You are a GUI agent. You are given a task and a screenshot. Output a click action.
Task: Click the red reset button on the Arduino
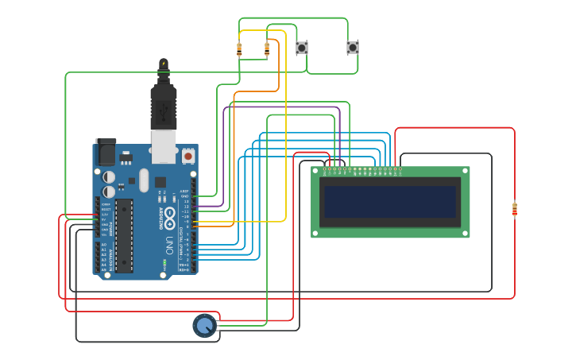[187, 157]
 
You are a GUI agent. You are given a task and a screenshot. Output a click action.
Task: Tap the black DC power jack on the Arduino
[105, 152]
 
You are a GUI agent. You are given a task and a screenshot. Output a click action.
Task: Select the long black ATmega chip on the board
[124, 235]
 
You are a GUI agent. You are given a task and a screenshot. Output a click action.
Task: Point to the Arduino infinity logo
[170, 215]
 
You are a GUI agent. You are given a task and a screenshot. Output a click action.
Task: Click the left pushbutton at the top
[302, 48]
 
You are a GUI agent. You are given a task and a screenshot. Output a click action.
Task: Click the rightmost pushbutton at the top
[353, 48]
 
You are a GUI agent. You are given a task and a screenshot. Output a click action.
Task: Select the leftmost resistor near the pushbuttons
[239, 49]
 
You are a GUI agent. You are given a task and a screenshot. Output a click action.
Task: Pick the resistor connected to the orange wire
[266, 49]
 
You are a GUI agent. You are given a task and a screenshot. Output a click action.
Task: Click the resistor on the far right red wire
[514, 209]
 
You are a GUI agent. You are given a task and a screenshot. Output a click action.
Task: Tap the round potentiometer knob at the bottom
[204, 325]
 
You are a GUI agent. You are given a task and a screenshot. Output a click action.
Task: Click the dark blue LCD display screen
[389, 202]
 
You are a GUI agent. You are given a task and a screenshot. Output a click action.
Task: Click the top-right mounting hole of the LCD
[465, 171]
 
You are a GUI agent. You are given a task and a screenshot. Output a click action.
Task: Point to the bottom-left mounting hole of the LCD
[315, 233]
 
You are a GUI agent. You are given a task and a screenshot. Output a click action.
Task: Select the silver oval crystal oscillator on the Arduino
[144, 180]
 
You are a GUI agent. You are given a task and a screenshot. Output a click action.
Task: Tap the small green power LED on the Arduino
[164, 261]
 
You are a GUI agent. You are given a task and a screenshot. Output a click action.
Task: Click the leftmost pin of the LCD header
[326, 169]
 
